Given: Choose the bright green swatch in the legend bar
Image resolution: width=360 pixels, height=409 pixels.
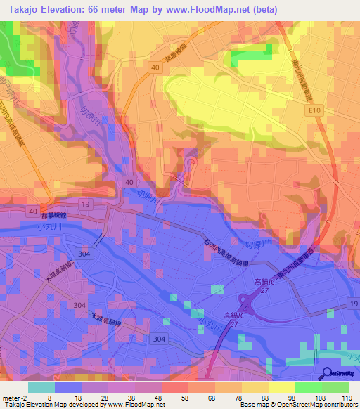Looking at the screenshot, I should [309, 387].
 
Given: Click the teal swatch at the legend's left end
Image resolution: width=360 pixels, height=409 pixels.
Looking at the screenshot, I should [41, 387].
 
